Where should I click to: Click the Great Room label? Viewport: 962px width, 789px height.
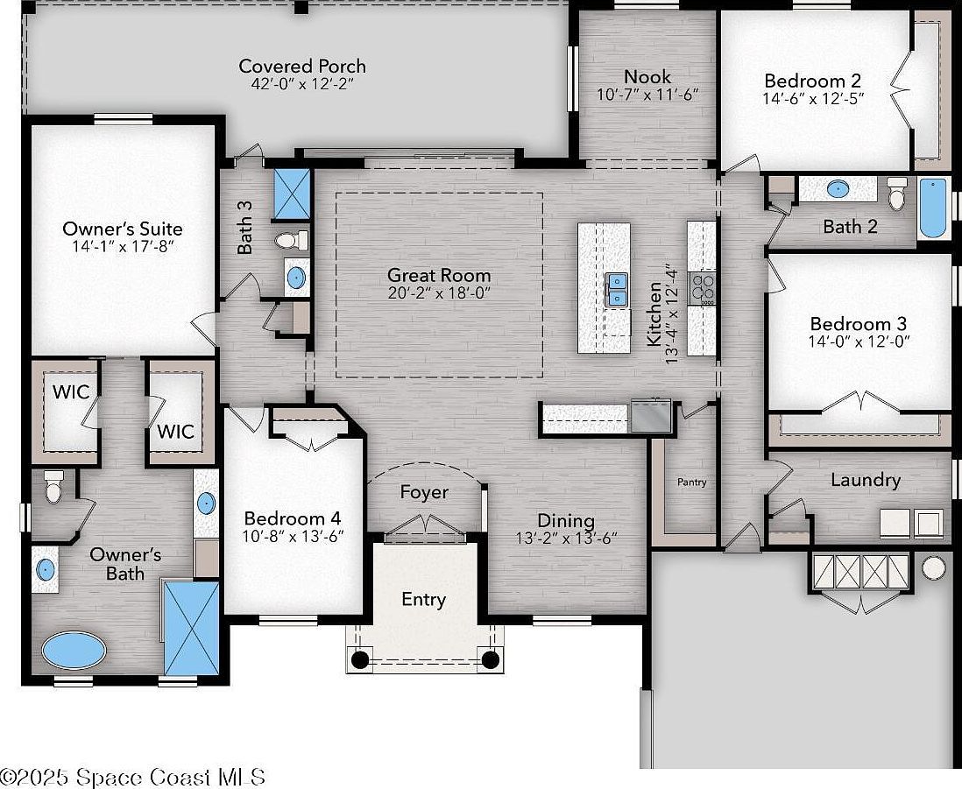click(439, 276)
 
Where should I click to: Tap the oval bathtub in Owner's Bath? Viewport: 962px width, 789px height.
click(74, 651)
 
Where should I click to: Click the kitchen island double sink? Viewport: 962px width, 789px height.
click(617, 289)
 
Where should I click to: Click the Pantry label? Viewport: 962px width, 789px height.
click(691, 483)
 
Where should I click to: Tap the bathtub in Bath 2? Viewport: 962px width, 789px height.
click(933, 208)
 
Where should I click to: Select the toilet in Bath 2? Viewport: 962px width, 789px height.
click(896, 194)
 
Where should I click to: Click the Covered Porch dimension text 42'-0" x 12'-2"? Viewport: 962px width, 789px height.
click(302, 84)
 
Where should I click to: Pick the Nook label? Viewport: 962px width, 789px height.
click(647, 76)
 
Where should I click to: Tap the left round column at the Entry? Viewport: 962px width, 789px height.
click(359, 659)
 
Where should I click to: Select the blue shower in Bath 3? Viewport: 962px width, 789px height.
click(292, 192)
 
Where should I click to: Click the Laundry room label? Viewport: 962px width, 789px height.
click(865, 480)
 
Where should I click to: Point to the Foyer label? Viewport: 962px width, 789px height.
click(424, 492)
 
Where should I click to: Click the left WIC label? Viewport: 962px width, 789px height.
click(70, 391)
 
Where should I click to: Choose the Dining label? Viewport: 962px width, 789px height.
click(565, 521)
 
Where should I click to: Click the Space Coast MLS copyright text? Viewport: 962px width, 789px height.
click(133, 776)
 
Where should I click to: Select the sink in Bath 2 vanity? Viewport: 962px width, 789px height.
click(838, 188)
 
